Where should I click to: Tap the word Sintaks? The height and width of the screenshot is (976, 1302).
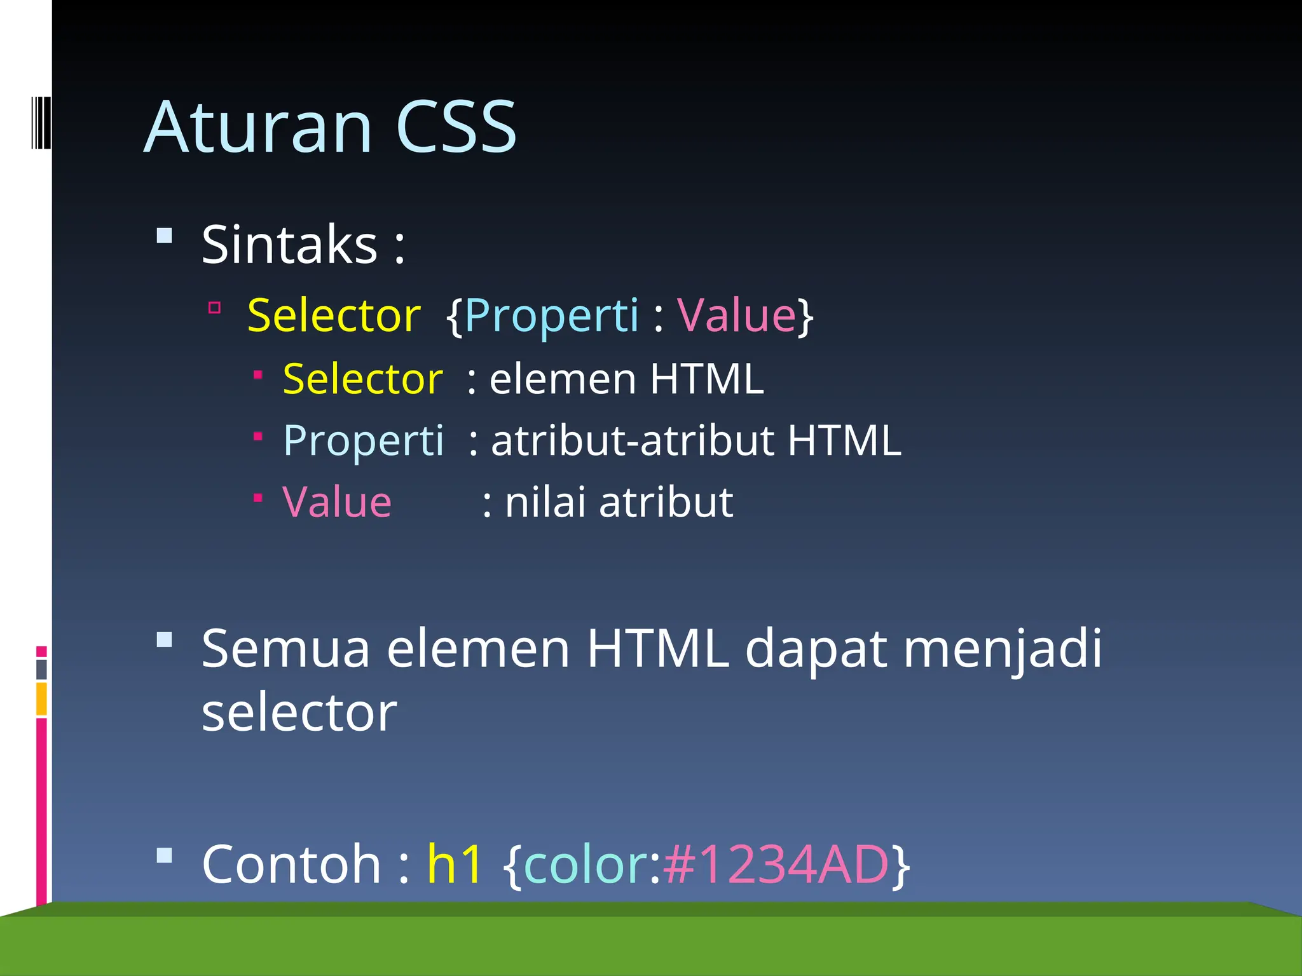290,245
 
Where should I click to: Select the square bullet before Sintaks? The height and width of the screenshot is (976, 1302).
165,236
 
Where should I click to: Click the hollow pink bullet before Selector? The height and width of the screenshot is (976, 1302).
215,309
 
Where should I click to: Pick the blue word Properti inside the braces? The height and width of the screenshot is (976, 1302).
551,315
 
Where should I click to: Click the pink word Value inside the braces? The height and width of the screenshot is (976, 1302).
736,315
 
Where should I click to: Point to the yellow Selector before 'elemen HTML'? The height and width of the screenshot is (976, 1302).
362,379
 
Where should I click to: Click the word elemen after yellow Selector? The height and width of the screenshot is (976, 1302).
563,379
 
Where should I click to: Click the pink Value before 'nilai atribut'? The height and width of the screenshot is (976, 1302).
337,502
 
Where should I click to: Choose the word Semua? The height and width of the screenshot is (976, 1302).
285,649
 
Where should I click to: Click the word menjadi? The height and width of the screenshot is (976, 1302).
1003,649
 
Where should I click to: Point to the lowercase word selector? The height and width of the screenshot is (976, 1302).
299,713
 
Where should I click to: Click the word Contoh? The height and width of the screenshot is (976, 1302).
291,864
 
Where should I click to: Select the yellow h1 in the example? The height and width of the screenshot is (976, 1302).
454,864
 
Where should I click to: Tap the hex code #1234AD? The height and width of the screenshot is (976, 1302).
776,864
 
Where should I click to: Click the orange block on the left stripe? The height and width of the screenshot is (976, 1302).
42,699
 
